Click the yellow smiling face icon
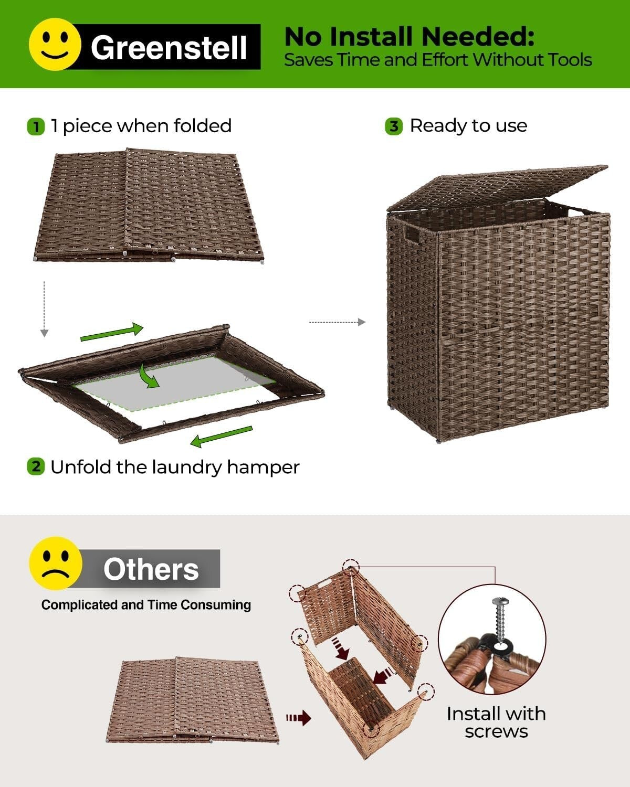[x=55, y=44]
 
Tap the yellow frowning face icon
[x=56, y=563]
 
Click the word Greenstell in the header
[x=169, y=47]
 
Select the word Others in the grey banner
[x=151, y=569]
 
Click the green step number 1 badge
[x=35, y=127]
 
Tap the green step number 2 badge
[x=35, y=466]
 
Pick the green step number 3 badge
[x=394, y=126]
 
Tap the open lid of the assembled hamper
[x=499, y=186]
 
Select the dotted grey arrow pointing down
[x=45, y=310]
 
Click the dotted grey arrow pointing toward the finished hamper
[x=337, y=322]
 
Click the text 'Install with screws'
[x=496, y=722]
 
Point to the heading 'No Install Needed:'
[x=409, y=37]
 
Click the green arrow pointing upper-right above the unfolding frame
[x=112, y=332]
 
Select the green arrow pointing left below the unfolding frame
[x=221, y=437]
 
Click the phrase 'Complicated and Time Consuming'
[x=146, y=605]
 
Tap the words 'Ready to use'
[x=468, y=126]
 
